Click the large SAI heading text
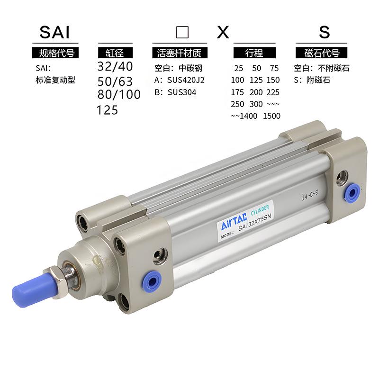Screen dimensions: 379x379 54,32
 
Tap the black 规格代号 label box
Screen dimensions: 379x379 55,53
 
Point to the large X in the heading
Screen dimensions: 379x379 223,32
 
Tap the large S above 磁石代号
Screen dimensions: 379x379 324,32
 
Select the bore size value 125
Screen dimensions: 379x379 108,110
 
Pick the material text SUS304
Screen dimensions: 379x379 181,92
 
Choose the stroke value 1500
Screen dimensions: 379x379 271,116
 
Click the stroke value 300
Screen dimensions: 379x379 255,104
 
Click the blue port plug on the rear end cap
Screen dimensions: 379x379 352,191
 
